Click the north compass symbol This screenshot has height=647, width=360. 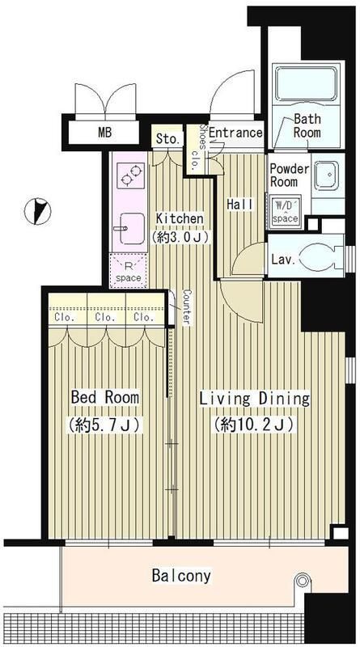tap(37, 211)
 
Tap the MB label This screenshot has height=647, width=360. tap(105, 133)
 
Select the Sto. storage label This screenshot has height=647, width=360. tap(167, 138)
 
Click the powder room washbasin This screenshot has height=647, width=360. tap(326, 175)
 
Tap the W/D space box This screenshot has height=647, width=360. tap(284, 212)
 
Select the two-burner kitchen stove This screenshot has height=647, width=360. tap(130, 175)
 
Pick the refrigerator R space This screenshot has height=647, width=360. tap(128, 271)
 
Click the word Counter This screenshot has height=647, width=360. tap(185, 307)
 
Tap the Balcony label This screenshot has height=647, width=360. tap(182, 575)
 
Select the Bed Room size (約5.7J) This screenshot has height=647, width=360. tap(104, 425)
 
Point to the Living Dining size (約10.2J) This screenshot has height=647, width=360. tap(253, 425)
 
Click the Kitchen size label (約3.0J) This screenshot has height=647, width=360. tap(180, 236)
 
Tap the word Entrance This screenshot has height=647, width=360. tap(235, 133)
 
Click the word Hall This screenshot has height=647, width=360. tap(239, 205)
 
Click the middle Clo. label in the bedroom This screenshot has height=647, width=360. tap(105, 317)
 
